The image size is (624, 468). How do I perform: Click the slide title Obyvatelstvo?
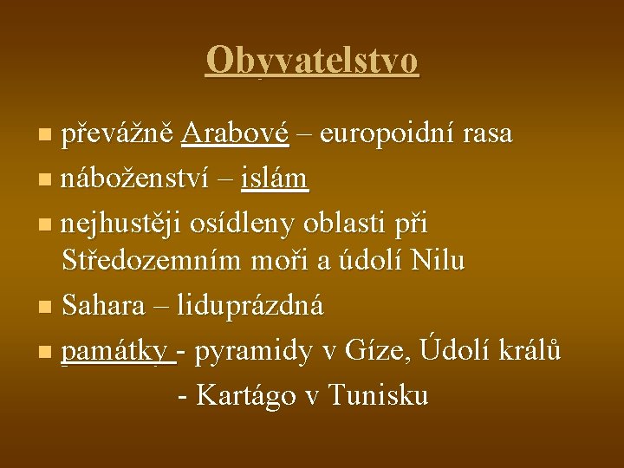click(x=312, y=62)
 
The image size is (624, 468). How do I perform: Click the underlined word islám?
click(x=275, y=179)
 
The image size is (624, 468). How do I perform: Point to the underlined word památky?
click(x=117, y=352)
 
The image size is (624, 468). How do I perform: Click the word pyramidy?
click(x=257, y=351)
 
